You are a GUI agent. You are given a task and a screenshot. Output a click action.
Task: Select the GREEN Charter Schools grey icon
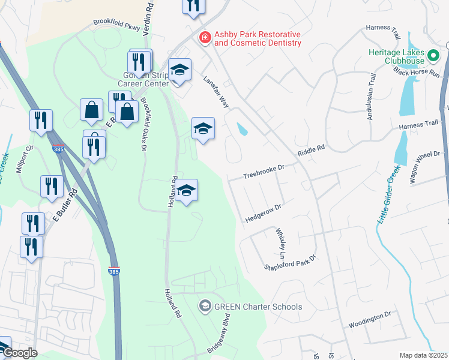[x=205, y=307]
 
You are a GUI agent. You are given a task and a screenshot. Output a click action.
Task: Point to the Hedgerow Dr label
[x=263, y=214]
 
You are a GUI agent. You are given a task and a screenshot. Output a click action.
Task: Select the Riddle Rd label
[x=311, y=150]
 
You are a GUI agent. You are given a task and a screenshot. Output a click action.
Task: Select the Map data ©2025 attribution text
[x=423, y=355]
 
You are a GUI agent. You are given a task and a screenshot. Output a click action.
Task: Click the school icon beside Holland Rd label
[x=187, y=190]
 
